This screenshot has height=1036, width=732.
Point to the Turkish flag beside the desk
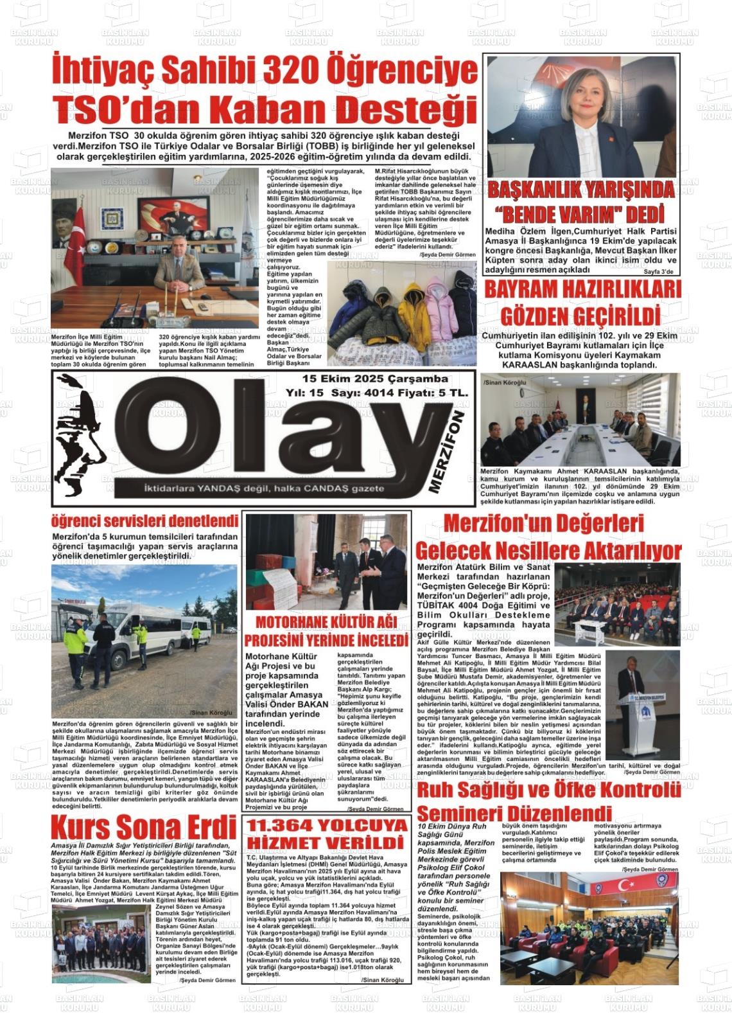(76, 238)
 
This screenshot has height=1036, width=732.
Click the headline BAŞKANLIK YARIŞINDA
(582, 190)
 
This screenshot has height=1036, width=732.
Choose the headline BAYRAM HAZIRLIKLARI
(582, 290)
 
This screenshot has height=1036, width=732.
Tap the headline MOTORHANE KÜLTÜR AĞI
(326, 622)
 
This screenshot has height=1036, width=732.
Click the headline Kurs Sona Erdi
(144, 826)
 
